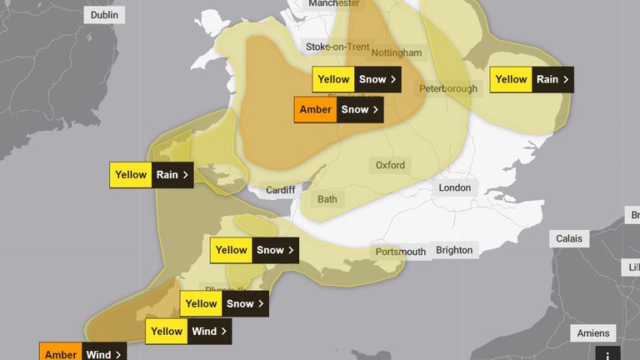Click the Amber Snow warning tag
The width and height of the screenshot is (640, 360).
coord(339,110)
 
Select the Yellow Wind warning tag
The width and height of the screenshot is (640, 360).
coord(188,332)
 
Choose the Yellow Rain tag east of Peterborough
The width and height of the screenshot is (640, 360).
coord(532,80)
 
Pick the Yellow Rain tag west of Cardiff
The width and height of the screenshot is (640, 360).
coord(151,175)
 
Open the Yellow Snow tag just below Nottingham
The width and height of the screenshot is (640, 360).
coord(356,80)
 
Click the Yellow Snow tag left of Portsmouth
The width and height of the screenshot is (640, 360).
coord(253,250)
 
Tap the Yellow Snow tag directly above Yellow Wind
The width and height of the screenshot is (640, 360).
coord(224,304)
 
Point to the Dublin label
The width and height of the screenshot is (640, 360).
coord(103,15)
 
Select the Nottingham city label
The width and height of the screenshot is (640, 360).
coord(397,53)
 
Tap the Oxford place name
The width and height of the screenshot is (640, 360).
coord(390,165)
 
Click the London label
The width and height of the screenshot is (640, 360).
coord(455,188)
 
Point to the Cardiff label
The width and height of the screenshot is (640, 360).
coord(280,190)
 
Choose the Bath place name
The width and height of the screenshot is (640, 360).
coord(327,200)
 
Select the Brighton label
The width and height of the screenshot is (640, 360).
coord(454,250)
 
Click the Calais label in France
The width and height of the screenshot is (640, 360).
coord(570,239)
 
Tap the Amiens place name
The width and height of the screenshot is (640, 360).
coord(593,333)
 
